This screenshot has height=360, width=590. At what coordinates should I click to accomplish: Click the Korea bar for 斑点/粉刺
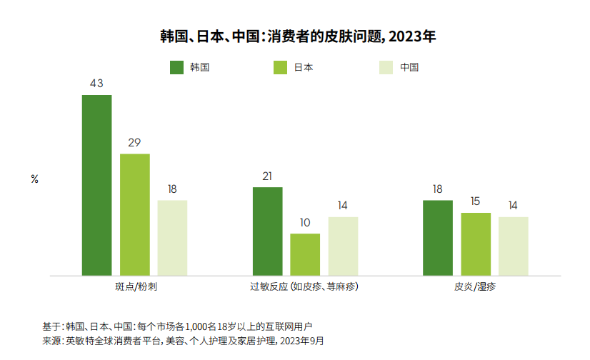tap(96, 185)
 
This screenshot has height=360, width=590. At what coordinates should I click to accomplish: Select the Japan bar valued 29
tap(135, 215)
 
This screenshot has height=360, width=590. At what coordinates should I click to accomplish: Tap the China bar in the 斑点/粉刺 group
tap(172, 238)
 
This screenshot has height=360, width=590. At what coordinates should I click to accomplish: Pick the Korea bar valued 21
tap(268, 231)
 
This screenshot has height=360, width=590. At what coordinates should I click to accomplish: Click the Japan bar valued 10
tap(305, 255)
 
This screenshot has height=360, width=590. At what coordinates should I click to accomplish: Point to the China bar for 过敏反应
tap(343, 246)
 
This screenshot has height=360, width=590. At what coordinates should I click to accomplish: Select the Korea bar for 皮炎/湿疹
tap(438, 238)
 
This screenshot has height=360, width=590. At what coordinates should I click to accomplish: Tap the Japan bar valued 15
tap(476, 244)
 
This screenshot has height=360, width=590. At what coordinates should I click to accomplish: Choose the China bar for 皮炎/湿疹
tap(514, 246)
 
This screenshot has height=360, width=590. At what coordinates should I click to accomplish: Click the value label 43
tap(96, 84)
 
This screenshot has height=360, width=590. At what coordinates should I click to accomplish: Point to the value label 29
tap(134, 143)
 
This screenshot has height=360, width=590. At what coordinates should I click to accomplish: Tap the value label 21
tap(267, 176)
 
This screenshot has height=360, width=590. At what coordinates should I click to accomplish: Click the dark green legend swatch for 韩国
tap(177, 67)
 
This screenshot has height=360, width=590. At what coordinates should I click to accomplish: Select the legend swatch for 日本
tap(280, 67)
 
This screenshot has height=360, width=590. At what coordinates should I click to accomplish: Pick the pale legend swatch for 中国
tap(386, 67)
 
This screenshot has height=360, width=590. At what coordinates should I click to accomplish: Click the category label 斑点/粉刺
tap(136, 286)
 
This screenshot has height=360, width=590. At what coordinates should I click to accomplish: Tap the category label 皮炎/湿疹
tap(475, 286)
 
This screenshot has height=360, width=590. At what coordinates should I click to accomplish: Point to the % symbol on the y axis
tap(34, 179)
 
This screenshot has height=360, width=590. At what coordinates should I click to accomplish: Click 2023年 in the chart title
tap(412, 36)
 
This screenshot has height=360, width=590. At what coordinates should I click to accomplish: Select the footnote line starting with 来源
tap(183, 341)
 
